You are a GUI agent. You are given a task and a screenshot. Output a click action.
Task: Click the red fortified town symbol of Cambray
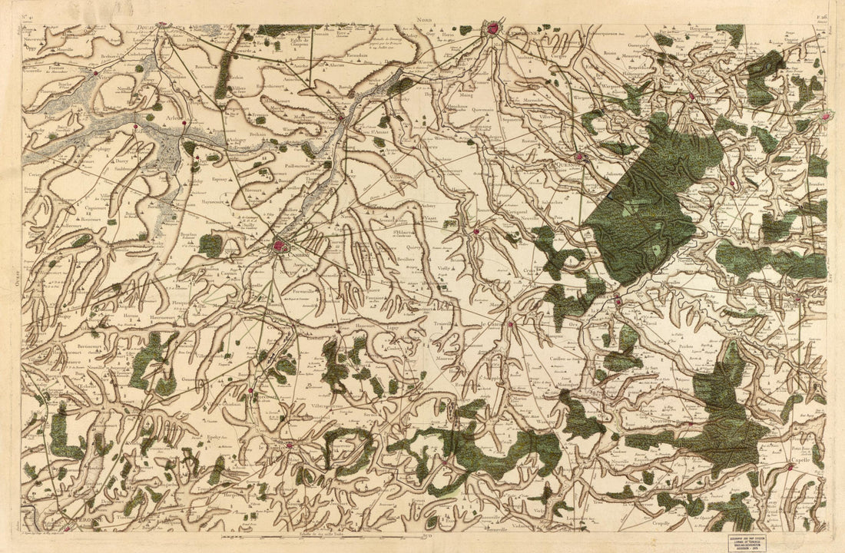[x=280, y=247]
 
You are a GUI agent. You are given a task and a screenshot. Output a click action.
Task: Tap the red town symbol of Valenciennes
[x=492, y=30]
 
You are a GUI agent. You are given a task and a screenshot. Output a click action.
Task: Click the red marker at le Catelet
[x=290, y=444]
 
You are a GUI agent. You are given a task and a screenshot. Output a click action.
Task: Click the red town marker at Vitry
[x=96, y=74]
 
